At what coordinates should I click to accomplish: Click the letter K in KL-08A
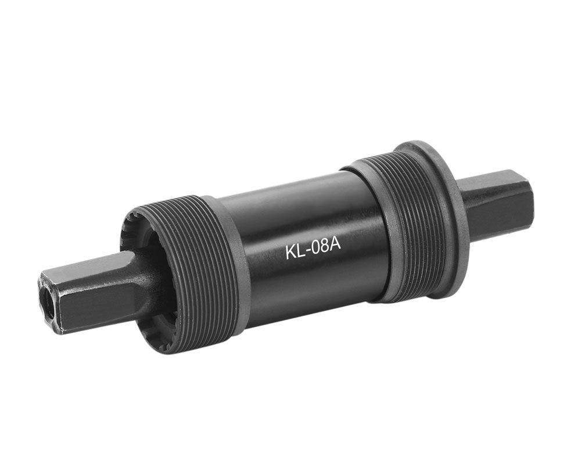290,252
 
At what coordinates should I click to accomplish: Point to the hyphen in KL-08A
306,251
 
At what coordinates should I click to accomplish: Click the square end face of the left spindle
49,301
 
